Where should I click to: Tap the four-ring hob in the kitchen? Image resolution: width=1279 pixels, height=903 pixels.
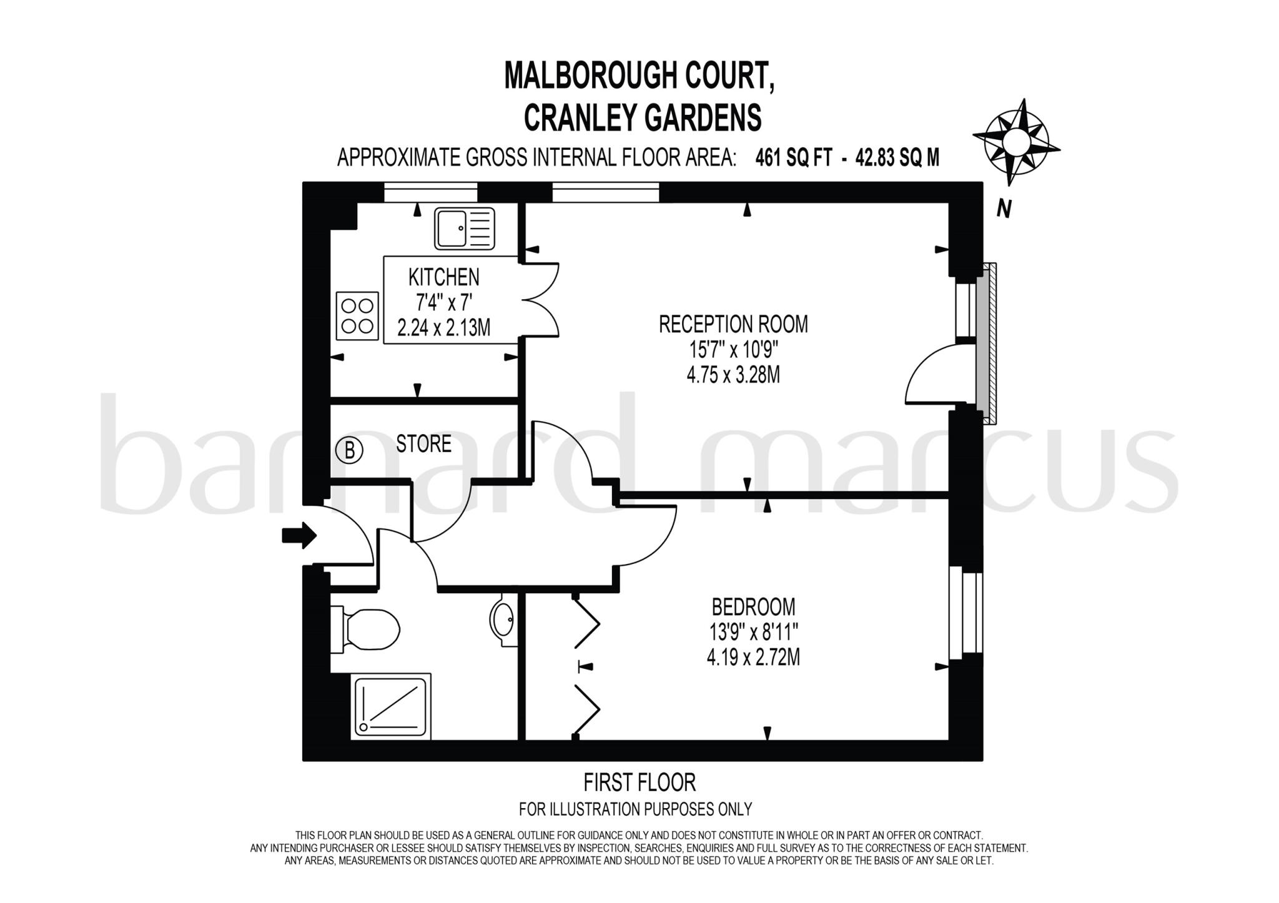358,316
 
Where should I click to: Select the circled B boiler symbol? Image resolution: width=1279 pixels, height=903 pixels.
350,450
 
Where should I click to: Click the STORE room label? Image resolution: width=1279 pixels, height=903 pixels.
424,444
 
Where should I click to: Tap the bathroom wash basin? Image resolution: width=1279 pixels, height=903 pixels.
502,618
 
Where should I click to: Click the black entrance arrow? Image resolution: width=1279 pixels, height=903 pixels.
300,535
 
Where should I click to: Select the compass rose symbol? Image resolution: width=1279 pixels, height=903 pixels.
1016,141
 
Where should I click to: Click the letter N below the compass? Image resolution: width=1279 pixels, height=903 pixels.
1004,209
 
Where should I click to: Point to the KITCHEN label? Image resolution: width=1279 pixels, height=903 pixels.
444,277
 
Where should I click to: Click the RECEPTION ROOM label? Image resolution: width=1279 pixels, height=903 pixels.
733,324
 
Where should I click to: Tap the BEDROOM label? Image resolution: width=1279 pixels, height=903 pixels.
754,606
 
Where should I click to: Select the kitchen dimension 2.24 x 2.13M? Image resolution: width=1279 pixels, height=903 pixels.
444,328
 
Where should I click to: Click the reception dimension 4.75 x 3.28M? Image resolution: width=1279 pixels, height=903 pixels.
733,375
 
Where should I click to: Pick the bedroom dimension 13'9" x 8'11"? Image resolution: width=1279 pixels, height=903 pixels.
753,633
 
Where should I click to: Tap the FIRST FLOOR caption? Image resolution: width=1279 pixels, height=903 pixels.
639,782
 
